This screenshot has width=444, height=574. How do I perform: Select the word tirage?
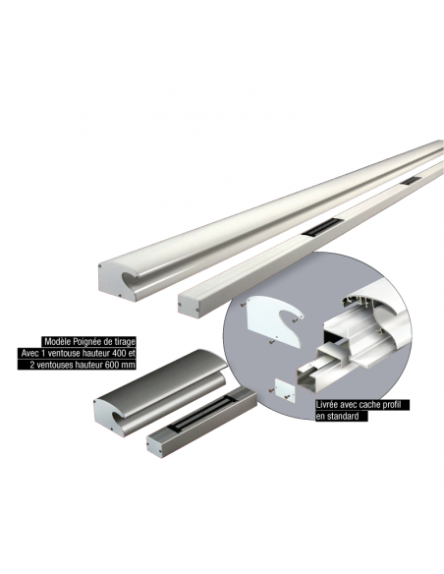point(125,342)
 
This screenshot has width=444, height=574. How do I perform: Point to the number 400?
point(118,353)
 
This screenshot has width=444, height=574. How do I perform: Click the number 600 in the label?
point(112,365)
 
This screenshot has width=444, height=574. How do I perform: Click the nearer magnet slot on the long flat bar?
point(321,227)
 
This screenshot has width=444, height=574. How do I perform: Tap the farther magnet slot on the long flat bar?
point(410,181)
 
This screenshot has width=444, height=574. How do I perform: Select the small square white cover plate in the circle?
point(285,390)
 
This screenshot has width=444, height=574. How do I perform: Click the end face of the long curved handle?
point(115,282)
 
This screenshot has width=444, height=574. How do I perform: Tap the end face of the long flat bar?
point(190,305)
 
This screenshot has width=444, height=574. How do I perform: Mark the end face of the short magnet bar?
point(155,446)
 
